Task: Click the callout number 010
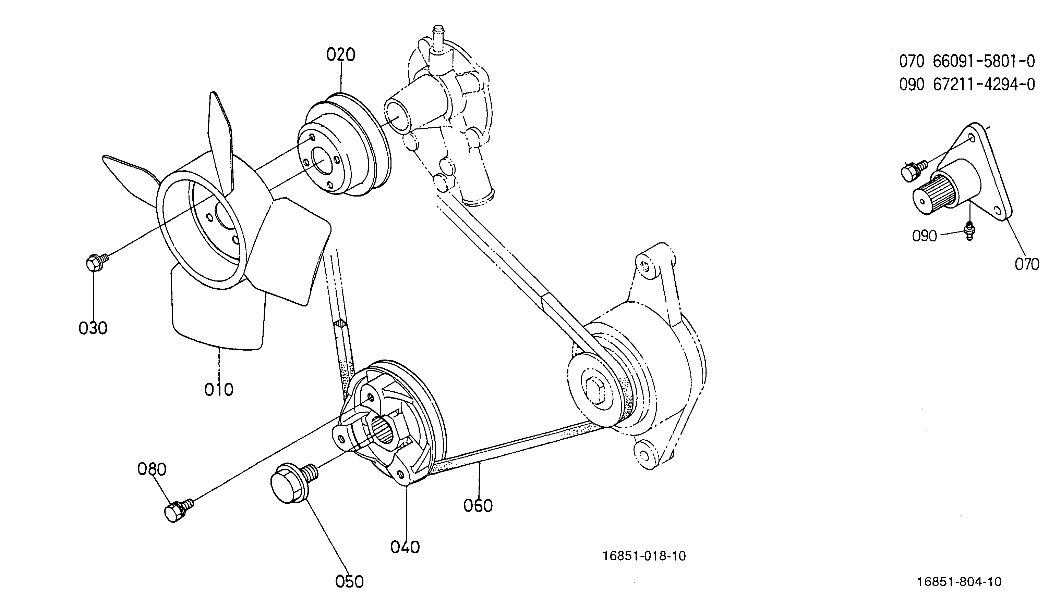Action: pyautogui.click(x=219, y=390)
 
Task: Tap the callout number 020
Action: pyautogui.click(x=340, y=55)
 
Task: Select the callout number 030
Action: pyautogui.click(x=93, y=328)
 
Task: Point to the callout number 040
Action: pyautogui.click(x=405, y=547)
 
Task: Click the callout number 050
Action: pyautogui.click(x=349, y=582)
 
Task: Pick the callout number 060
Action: pyautogui.click(x=478, y=506)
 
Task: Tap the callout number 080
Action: pyautogui.click(x=152, y=469)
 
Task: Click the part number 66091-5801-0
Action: pyautogui.click(x=984, y=61)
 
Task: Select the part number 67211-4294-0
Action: pyautogui.click(x=984, y=85)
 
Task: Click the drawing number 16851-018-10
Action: pyautogui.click(x=644, y=556)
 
